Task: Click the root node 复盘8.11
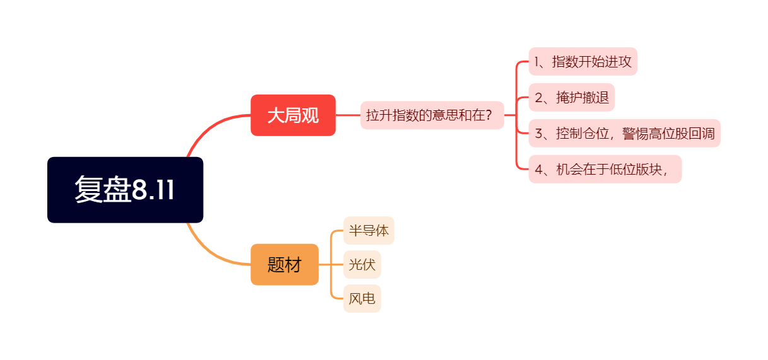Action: [125, 190]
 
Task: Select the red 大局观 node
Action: [293, 115]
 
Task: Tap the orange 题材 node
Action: [284, 265]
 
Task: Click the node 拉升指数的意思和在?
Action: [432, 115]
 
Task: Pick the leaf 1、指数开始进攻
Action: [583, 62]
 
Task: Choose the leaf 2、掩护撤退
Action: [571, 98]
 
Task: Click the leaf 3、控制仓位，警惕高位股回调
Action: [624, 134]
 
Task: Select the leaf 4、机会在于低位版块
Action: [605, 170]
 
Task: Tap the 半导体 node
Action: [369, 231]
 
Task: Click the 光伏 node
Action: [362, 265]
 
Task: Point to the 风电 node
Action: [362, 299]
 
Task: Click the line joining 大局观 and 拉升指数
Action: [347, 115]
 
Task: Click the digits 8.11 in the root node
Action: [153, 190]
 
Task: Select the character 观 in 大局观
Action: [310, 115]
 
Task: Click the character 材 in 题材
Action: [293, 265]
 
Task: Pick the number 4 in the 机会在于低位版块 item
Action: [538, 170]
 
